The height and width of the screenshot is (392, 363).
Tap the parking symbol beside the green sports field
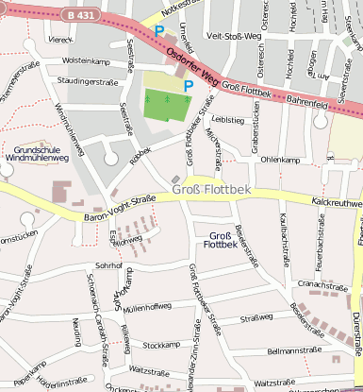pos(189,86)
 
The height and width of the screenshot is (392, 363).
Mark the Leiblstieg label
pos(229,120)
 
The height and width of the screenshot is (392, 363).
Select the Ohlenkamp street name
pos(279,160)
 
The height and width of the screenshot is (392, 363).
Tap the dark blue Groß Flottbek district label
pos(220,240)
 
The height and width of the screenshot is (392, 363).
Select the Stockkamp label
pos(160,345)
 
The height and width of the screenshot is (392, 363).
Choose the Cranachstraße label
pos(323,283)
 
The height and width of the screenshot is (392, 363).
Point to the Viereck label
pos(60,40)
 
